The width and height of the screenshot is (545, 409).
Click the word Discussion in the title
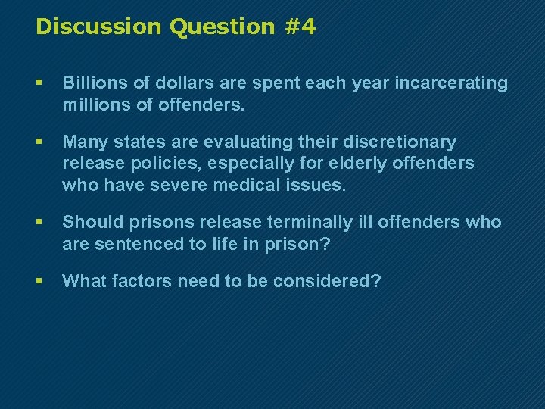click(99, 27)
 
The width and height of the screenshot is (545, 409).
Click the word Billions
click(95, 83)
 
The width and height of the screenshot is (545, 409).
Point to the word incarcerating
click(451, 83)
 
